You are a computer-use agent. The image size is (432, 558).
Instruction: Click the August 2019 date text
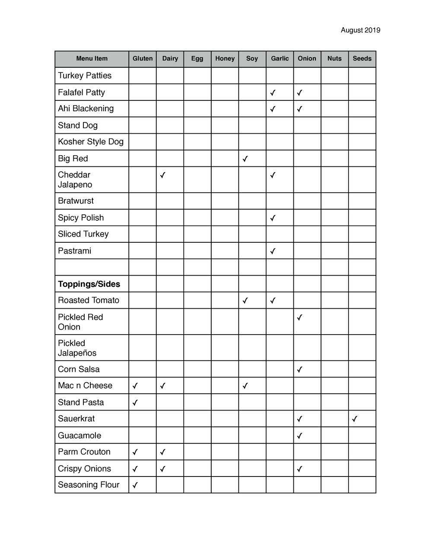(x=360, y=30)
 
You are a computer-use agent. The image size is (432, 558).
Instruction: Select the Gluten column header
(x=143, y=59)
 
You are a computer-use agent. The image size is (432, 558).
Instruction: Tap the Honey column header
(x=225, y=59)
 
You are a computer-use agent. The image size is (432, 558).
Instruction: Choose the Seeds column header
(x=362, y=59)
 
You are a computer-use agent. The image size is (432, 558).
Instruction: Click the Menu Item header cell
(x=92, y=59)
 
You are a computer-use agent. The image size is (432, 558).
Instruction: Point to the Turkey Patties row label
(x=85, y=75)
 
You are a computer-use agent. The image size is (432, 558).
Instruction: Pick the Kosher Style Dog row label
(x=91, y=141)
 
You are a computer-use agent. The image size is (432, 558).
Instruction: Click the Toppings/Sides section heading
(x=89, y=284)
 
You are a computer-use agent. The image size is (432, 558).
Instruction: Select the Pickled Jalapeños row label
(x=77, y=348)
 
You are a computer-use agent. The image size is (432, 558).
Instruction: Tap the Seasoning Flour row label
(x=89, y=485)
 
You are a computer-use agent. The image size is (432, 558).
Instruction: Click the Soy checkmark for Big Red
(x=245, y=159)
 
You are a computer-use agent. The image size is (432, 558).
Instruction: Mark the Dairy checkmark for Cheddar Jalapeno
(x=162, y=175)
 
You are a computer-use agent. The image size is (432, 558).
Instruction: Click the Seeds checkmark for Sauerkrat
(x=355, y=419)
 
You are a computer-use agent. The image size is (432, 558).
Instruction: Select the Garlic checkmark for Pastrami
(x=273, y=251)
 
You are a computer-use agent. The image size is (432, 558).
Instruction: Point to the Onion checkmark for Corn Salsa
(x=300, y=370)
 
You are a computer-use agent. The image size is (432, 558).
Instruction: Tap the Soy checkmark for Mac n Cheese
(x=245, y=386)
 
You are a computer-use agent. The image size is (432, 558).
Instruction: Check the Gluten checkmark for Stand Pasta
(x=135, y=403)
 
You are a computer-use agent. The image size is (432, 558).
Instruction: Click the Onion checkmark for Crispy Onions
(x=300, y=469)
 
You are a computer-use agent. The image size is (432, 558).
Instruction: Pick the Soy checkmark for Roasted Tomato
(x=245, y=301)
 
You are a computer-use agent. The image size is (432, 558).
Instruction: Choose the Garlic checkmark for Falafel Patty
(x=273, y=93)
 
